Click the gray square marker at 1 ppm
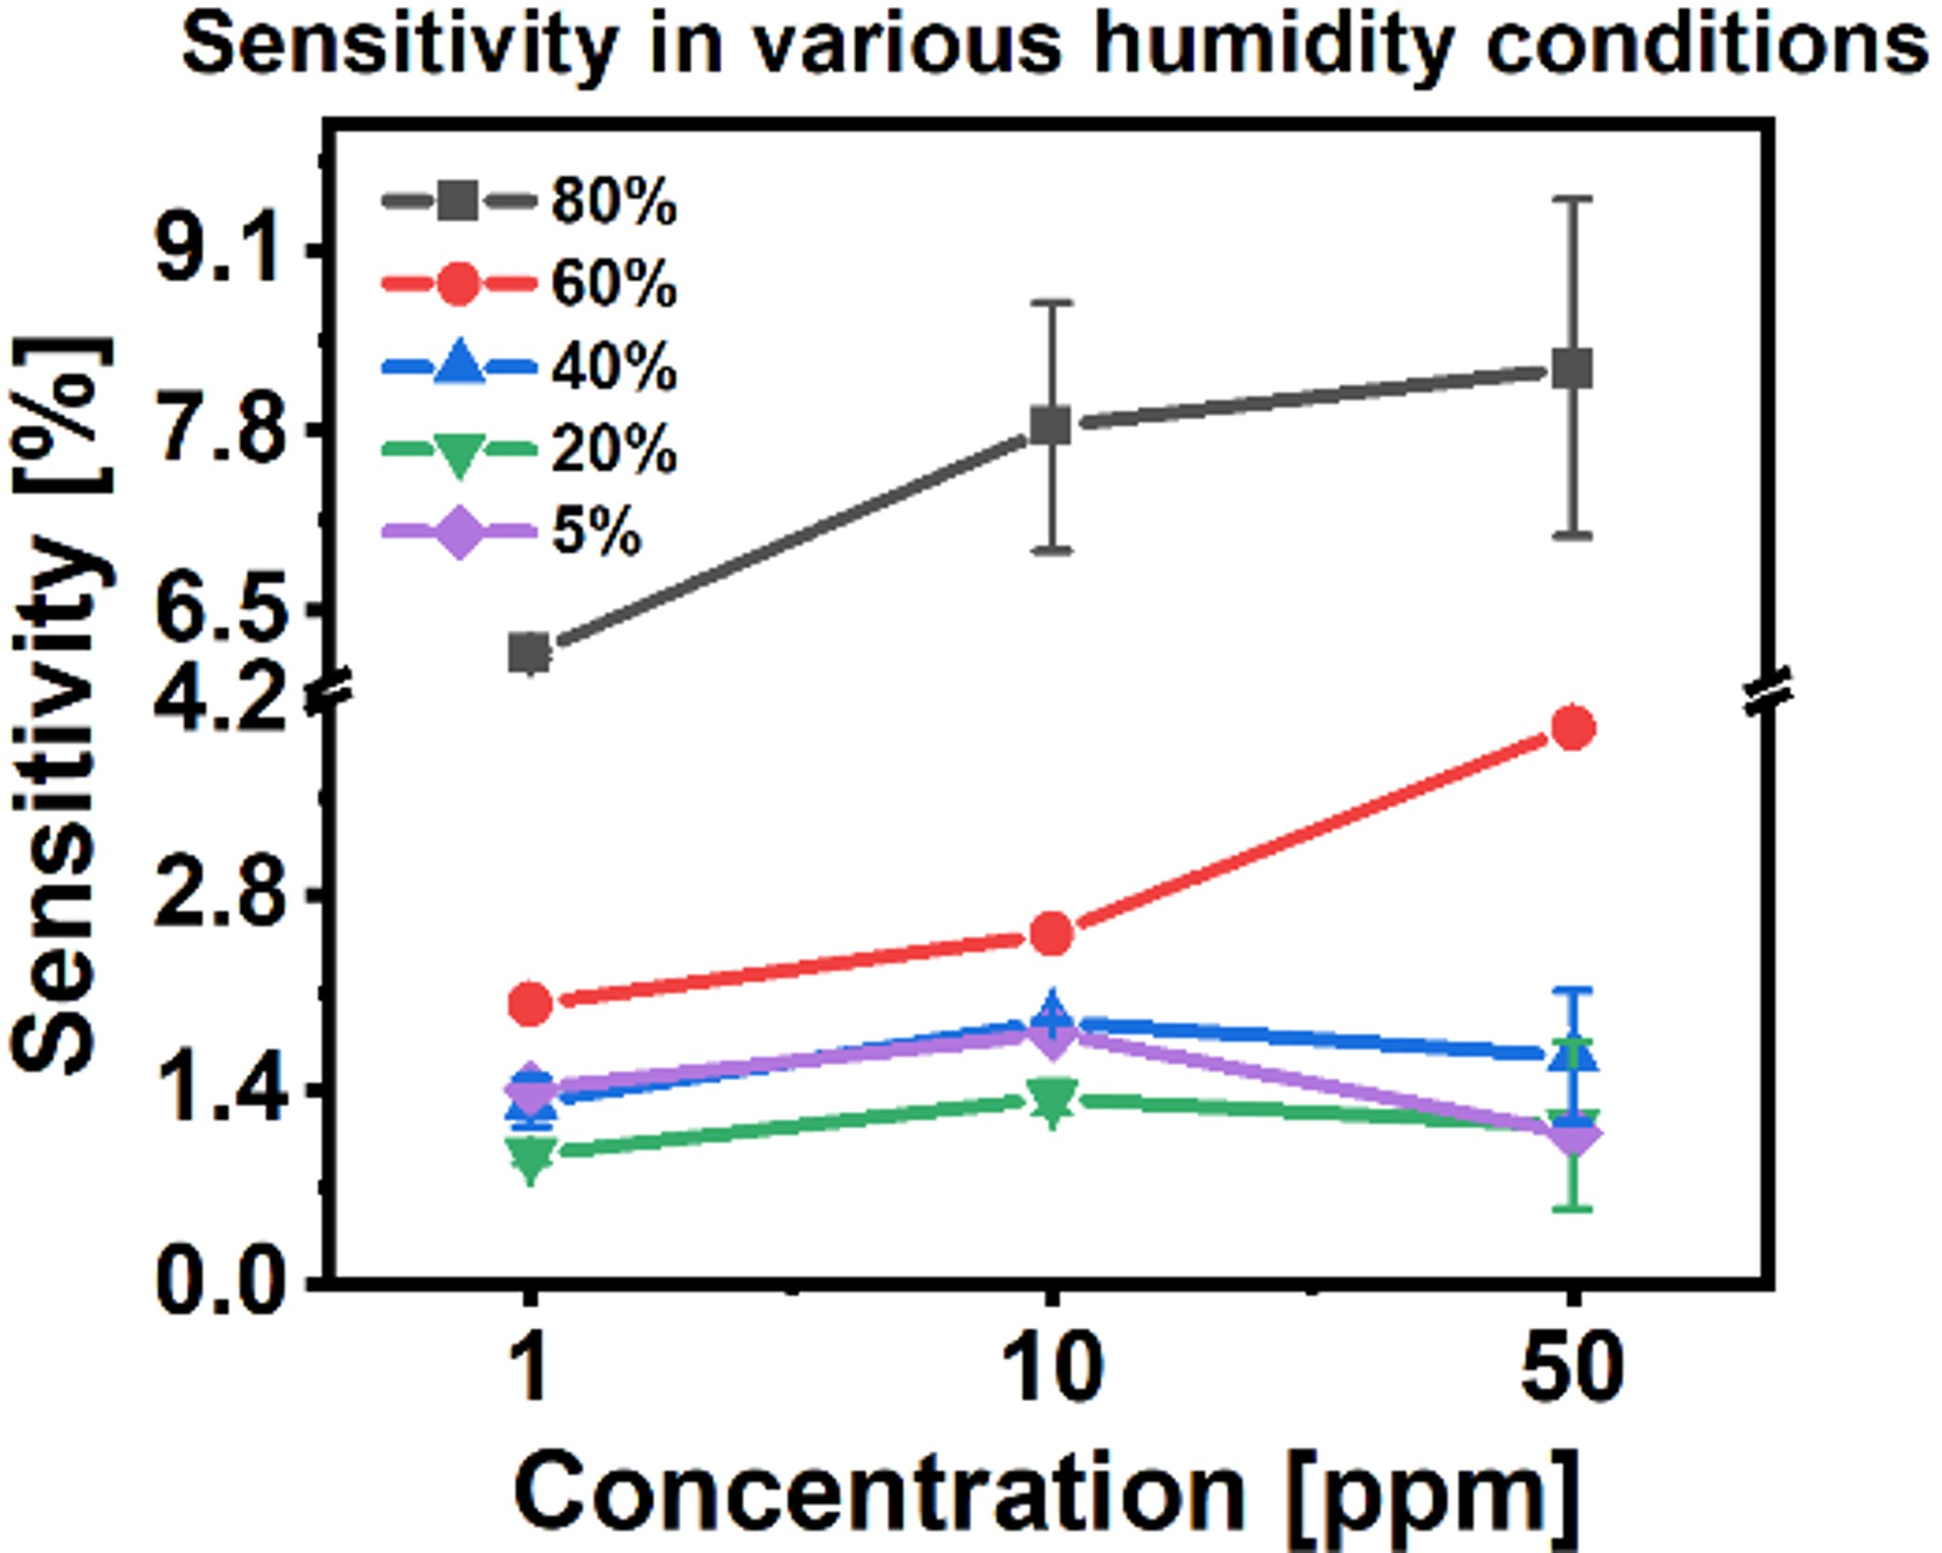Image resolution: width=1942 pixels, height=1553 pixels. tap(530, 652)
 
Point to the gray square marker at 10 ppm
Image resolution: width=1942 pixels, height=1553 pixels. tap(1051, 425)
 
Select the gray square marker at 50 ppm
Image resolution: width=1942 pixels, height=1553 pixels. tap(1572, 369)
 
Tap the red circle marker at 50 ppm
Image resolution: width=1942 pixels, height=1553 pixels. tap(1573, 728)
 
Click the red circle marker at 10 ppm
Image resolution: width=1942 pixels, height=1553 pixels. tap(1052, 933)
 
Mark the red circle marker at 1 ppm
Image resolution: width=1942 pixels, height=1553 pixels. tap(531, 1003)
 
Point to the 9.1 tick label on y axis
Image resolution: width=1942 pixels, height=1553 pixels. tap(217, 252)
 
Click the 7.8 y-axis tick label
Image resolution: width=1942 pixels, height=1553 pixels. tap(217, 430)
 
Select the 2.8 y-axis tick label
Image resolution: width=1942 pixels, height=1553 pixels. tap(217, 894)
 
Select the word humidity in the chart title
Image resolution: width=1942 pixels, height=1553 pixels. tap(1273, 45)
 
